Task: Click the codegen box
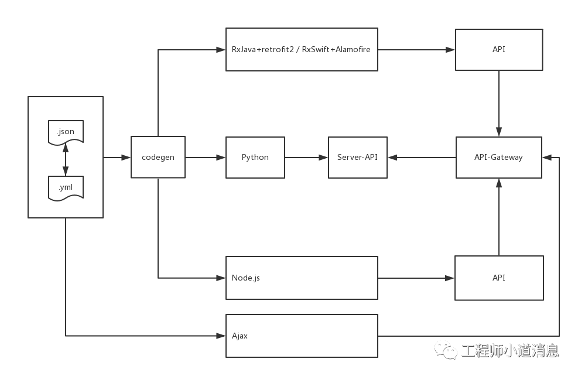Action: point(158,157)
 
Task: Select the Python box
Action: point(255,157)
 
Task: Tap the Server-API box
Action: point(357,157)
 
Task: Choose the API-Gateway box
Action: point(498,157)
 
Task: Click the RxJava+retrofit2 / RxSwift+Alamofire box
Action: point(302,49)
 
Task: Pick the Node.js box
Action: point(302,278)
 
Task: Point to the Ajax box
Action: point(302,336)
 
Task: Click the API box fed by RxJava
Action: point(498,49)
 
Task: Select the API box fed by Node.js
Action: point(498,278)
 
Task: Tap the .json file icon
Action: point(66,132)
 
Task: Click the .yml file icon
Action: point(66,188)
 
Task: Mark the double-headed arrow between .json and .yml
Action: point(66,160)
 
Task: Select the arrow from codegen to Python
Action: point(206,158)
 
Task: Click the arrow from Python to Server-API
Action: point(306,158)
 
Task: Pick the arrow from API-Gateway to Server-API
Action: point(422,158)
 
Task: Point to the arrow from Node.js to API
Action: point(416,278)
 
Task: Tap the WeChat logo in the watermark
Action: point(446,350)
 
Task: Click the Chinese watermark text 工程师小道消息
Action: point(510,350)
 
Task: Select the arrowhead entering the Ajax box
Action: point(221,336)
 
